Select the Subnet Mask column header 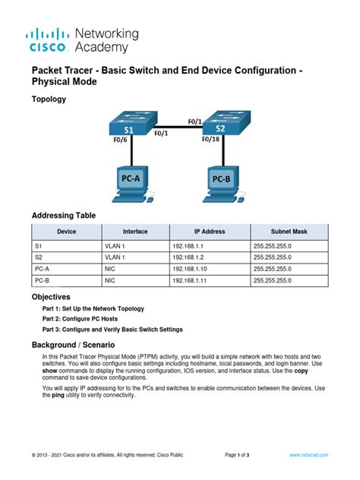289,231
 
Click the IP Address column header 209,231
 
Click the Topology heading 48,99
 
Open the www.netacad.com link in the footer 308,454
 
